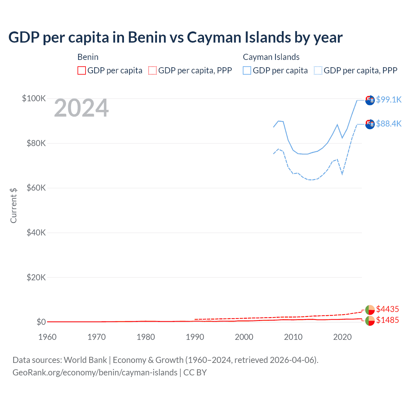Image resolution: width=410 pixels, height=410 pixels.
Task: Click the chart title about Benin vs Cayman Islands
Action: [175, 37]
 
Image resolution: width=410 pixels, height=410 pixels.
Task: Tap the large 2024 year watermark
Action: [81, 108]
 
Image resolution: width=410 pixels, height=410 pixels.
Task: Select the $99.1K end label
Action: [389, 100]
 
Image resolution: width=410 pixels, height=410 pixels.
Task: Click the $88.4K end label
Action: [389, 124]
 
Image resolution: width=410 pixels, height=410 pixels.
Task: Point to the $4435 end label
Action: [387, 309]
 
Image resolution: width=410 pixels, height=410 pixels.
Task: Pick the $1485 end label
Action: [387, 320]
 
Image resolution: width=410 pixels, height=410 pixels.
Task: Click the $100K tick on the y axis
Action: [34, 98]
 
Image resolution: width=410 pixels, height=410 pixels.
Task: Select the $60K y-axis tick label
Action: [36, 188]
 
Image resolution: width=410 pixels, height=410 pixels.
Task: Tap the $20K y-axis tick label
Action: [36, 277]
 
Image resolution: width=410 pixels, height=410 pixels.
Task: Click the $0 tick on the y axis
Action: [41, 322]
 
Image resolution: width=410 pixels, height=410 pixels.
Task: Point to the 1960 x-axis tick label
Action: [47, 337]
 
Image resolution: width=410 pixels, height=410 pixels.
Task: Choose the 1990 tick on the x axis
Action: [195, 337]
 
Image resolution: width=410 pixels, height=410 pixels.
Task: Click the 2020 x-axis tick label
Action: [342, 337]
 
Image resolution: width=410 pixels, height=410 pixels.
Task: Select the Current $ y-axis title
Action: [13, 205]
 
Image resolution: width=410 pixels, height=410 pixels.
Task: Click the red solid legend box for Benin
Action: [82, 70]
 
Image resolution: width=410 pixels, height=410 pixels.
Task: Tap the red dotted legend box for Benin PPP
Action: [152, 70]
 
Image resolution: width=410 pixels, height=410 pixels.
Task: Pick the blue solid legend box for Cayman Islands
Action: [247, 70]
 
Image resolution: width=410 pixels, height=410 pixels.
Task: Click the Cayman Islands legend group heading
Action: [271, 57]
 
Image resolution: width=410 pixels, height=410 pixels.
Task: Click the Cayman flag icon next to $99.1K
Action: [370, 100]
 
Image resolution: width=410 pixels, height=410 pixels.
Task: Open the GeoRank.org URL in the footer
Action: [95, 373]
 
